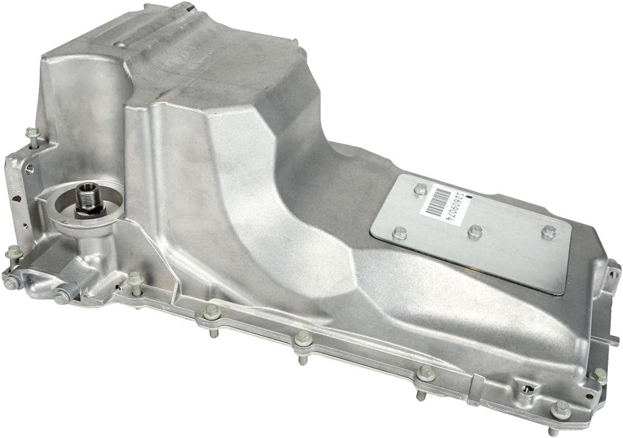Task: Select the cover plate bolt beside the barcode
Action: point(420,189)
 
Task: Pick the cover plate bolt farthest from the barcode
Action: point(548,232)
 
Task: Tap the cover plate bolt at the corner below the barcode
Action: point(400,232)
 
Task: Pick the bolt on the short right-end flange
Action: point(599,374)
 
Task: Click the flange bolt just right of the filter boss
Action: point(135,280)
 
